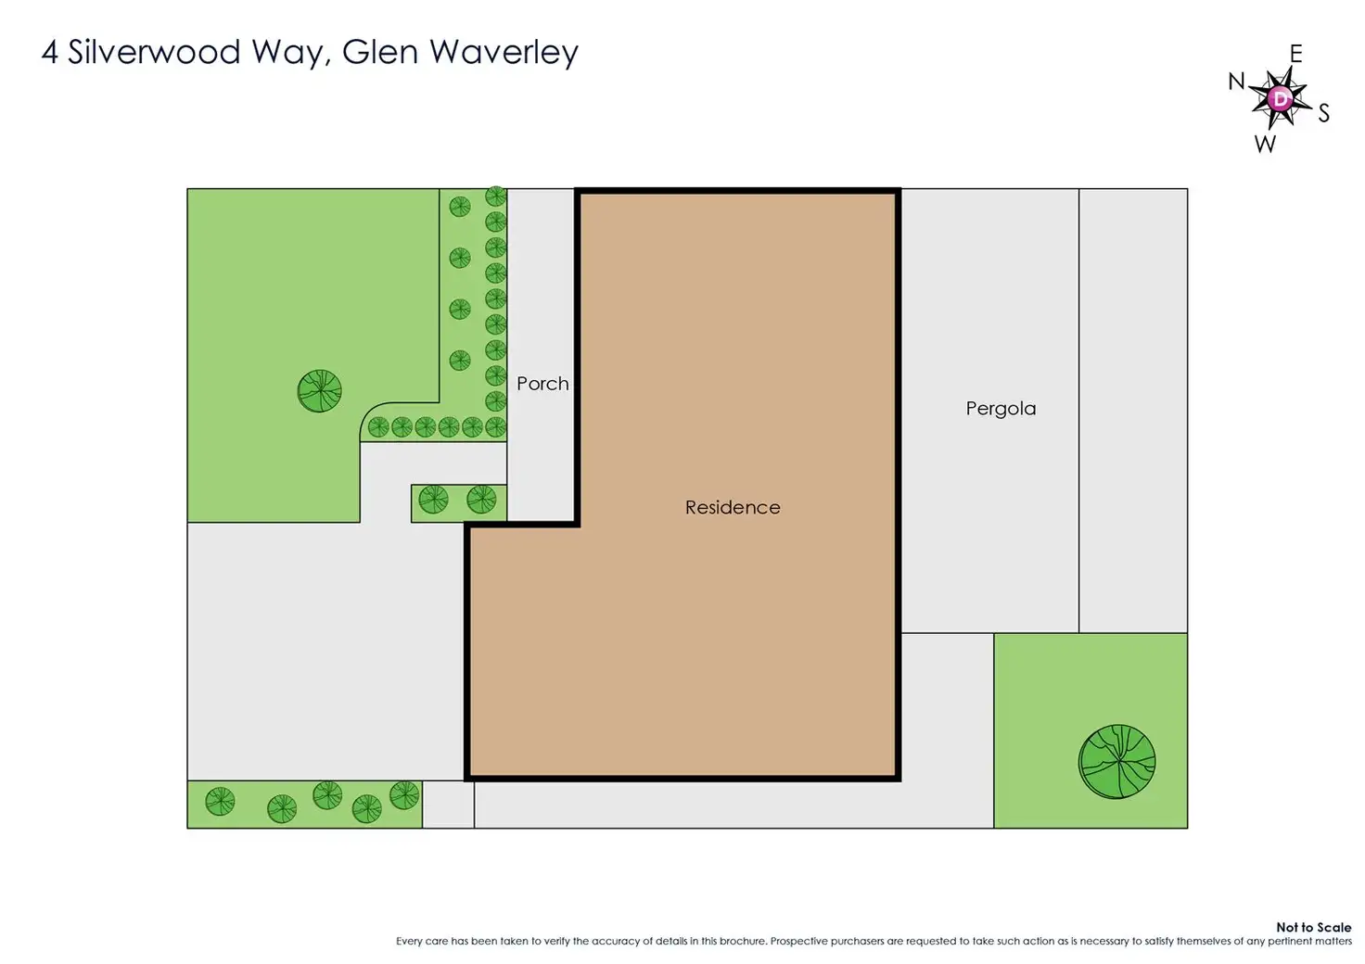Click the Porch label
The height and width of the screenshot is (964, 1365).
[542, 384]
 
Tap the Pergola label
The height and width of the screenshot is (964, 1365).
[1001, 409]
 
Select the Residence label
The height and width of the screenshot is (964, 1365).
[733, 507]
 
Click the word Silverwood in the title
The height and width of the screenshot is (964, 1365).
[154, 52]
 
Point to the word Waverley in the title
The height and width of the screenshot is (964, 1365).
[504, 52]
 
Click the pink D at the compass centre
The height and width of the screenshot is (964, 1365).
[1281, 98]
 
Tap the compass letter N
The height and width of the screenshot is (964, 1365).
[1236, 82]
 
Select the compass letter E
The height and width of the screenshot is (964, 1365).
[1295, 54]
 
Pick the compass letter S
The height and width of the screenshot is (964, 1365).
[1323, 113]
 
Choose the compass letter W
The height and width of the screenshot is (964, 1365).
[1265, 144]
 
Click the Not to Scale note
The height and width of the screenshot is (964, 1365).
[1313, 927]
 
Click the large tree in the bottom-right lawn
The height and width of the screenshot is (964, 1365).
[1117, 761]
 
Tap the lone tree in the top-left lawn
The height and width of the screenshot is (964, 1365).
[320, 390]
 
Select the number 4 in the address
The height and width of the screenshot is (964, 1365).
[49, 52]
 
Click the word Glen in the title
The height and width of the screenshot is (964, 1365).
[379, 52]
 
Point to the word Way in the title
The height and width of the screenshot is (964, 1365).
[289, 52]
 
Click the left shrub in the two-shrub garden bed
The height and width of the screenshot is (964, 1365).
[433, 500]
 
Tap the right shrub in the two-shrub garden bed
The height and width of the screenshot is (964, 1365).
[481, 500]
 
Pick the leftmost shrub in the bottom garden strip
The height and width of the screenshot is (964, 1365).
[220, 801]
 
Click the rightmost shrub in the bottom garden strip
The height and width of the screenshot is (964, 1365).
[404, 794]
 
